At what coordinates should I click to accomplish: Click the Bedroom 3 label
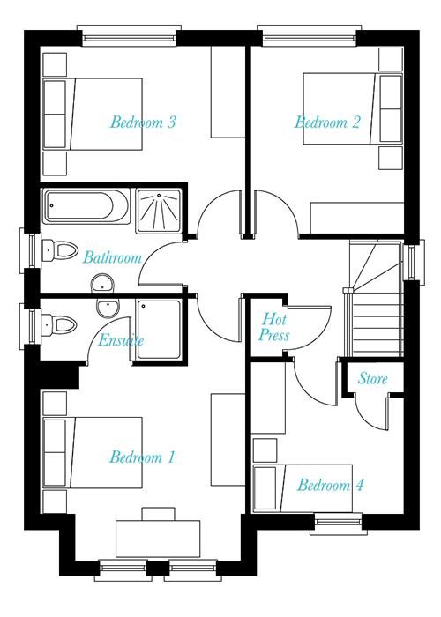[x=143, y=122]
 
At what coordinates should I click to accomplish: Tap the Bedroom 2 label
[x=327, y=122]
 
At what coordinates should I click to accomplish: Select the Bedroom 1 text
[x=142, y=457]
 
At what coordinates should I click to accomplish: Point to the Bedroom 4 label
[x=330, y=485]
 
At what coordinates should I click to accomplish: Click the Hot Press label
[x=274, y=327]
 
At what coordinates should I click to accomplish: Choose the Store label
[x=372, y=378]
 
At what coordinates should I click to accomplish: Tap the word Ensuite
[x=121, y=340]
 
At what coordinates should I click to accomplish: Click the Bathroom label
[x=112, y=257]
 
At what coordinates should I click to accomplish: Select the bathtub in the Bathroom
[x=86, y=206]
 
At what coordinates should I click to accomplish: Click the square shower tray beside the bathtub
[x=159, y=212]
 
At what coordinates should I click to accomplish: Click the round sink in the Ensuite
[x=108, y=308]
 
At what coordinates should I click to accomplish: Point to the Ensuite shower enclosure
[x=159, y=330]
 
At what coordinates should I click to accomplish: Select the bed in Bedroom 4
[x=303, y=488]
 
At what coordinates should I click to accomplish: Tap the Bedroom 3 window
[x=129, y=36]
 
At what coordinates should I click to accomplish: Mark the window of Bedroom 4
[x=336, y=524]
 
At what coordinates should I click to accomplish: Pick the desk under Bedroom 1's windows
[x=158, y=539]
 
